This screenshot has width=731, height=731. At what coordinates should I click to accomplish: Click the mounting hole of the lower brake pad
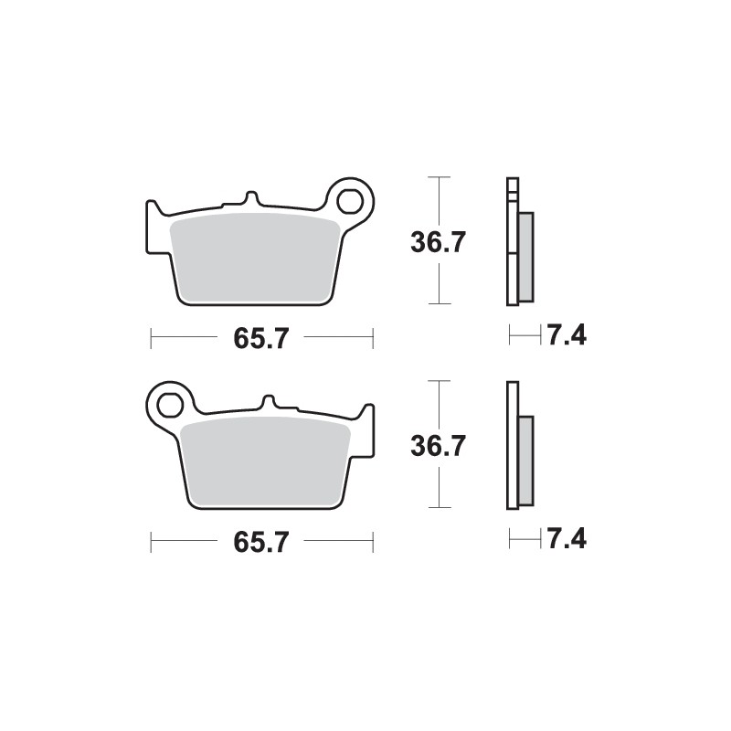(170, 401)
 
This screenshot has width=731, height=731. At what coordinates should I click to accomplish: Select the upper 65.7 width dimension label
(261, 338)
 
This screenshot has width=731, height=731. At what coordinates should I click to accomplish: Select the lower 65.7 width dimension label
(261, 541)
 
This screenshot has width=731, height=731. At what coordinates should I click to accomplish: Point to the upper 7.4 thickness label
(567, 335)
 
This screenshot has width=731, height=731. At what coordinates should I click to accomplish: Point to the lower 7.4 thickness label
(567, 539)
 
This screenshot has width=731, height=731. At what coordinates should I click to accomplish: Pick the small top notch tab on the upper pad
(250, 197)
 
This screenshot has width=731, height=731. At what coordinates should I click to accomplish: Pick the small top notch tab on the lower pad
(269, 401)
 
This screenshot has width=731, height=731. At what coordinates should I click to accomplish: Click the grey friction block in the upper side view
(525, 257)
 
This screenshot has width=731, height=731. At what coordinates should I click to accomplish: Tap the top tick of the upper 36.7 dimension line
(441, 176)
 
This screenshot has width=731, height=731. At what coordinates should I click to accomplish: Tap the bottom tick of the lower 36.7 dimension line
(441, 507)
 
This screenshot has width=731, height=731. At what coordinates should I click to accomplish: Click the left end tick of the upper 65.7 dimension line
(151, 339)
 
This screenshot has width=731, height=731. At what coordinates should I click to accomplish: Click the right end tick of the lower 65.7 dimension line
(373, 542)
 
